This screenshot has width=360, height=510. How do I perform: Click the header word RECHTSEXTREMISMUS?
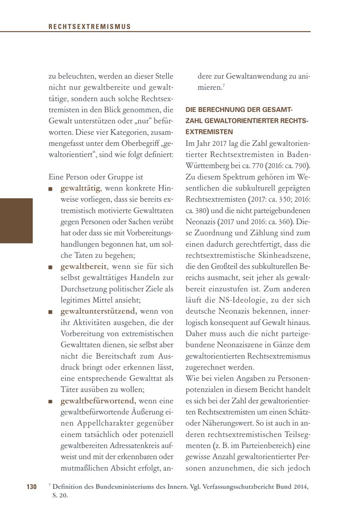89,27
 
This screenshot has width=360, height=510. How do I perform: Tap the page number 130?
32,486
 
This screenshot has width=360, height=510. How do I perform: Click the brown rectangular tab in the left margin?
16,220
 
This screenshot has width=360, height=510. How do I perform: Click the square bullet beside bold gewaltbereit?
50,267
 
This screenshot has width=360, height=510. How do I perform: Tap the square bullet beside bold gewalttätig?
50,189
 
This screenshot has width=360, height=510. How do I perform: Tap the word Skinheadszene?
285,255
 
